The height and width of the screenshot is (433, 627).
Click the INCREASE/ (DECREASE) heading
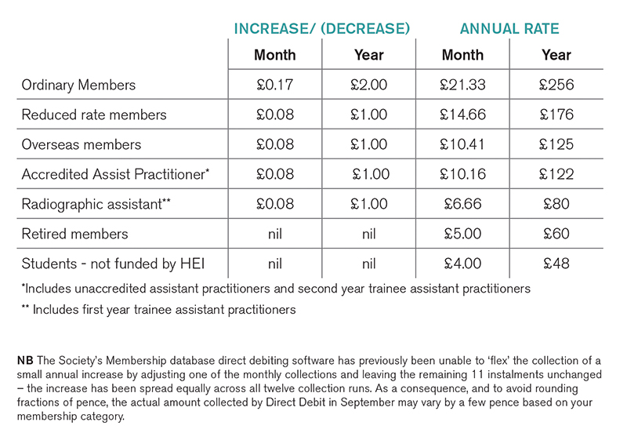tap(322, 29)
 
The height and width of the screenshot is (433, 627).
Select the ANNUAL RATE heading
tap(509, 29)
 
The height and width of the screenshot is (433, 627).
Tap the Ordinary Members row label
tap(78, 85)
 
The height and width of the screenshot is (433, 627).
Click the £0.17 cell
tap(275, 85)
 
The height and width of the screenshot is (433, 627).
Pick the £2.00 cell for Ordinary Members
tap(368, 85)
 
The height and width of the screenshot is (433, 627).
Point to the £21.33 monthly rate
tap(462, 85)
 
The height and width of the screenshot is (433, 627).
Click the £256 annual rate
tap(556, 85)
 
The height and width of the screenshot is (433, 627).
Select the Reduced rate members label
tap(94, 115)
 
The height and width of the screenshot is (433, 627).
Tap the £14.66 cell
tap(462, 115)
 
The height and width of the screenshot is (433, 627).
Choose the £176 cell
tap(556, 115)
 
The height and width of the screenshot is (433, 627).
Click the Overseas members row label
tap(82, 144)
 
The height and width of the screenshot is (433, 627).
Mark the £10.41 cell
tap(462, 144)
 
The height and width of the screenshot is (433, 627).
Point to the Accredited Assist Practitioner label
tap(115, 174)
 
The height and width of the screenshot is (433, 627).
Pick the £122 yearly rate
tap(556, 174)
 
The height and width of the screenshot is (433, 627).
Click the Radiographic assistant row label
tap(96, 204)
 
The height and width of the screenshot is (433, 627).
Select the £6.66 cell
tap(462, 204)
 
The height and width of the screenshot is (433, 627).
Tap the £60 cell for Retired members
tap(556, 234)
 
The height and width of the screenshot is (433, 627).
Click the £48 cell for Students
tap(556, 264)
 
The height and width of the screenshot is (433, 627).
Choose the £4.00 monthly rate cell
tap(462, 264)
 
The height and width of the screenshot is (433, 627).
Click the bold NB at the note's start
tap(25, 361)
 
